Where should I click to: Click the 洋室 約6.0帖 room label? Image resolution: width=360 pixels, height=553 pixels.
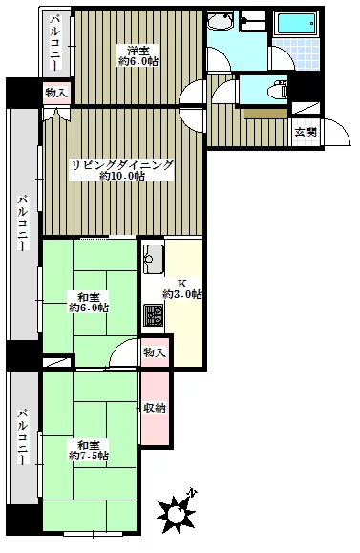point(138,56)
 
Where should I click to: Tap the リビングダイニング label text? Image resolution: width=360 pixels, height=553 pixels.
point(122,165)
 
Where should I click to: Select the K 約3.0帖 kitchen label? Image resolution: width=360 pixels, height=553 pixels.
point(181,288)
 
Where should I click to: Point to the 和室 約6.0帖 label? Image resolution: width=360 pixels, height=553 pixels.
point(89,302)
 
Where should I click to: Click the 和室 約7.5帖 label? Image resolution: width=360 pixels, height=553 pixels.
point(89,451)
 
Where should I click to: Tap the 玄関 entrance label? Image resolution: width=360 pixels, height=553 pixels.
point(306,132)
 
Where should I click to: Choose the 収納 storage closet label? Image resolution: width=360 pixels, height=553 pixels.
point(155,408)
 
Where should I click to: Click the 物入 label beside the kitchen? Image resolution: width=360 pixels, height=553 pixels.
point(155,352)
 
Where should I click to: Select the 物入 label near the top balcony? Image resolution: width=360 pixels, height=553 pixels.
point(56,93)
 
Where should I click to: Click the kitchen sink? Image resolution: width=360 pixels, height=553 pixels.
point(154,259)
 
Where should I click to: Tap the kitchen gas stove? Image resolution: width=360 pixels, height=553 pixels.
point(154,315)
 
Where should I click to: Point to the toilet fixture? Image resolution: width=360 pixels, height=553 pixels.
point(278,91)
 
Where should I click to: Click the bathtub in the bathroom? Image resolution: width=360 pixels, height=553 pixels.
point(296,24)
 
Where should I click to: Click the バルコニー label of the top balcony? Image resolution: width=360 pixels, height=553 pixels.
point(55,42)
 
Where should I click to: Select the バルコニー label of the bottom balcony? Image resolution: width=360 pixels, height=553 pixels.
point(23,436)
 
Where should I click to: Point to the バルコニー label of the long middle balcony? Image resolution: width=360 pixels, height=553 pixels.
point(23,223)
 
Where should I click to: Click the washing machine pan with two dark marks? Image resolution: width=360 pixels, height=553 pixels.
point(252,20)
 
